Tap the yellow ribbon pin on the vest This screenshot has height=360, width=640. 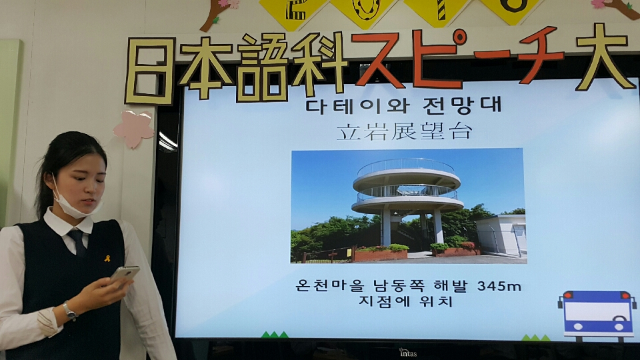point(107,259)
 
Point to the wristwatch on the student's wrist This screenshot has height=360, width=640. point(70,311)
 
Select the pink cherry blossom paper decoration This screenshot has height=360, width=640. point(134,129)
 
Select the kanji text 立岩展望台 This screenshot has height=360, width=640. point(404,131)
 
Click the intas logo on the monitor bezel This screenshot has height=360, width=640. point(408,353)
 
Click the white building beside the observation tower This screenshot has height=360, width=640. point(501,235)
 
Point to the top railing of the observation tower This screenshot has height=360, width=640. point(405,166)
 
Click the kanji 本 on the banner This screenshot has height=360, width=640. point(206,67)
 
